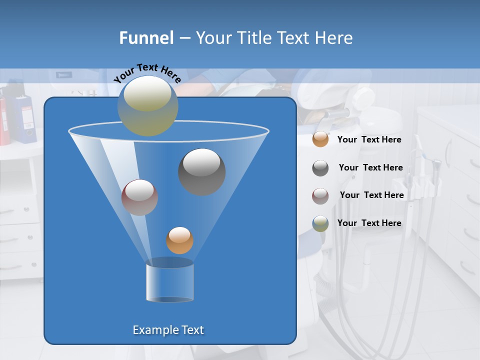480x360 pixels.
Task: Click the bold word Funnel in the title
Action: pyautogui.click(x=146, y=37)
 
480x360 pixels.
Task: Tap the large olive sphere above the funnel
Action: pyautogui.click(x=147, y=106)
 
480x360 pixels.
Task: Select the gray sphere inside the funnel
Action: pyautogui.click(x=201, y=172)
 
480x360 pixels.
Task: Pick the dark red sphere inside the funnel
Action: pyautogui.click(x=139, y=197)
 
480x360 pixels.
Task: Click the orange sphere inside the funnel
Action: pyautogui.click(x=179, y=240)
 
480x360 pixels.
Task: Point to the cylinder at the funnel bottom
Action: pyautogui.click(x=169, y=280)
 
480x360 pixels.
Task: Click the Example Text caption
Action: pyautogui.click(x=168, y=330)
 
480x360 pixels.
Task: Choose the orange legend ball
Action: pyautogui.click(x=320, y=139)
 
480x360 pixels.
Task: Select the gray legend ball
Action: pyautogui.click(x=320, y=168)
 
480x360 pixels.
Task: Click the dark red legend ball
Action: pyautogui.click(x=320, y=196)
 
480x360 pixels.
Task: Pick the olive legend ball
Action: pyautogui.click(x=320, y=223)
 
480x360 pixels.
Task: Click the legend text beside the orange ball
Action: pyautogui.click(x=369, y=139)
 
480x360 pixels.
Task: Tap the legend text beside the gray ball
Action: pyautogui.click(x=370, y=167)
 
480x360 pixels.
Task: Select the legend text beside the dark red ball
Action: pyautogui.click(x=371, y=195)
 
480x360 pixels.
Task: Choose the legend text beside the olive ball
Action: pyautogui.click(x=369, y=223)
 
